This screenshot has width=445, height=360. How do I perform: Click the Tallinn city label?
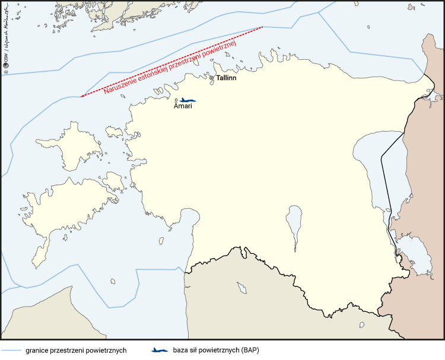226,78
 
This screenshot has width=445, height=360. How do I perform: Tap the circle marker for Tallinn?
212,78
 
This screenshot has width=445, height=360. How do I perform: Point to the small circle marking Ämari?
176,100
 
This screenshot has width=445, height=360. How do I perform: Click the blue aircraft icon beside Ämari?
188,100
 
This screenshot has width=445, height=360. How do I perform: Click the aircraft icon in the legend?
160,350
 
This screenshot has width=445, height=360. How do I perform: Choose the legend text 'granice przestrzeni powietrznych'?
76,350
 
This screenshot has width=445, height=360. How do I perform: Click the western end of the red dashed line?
81,97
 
